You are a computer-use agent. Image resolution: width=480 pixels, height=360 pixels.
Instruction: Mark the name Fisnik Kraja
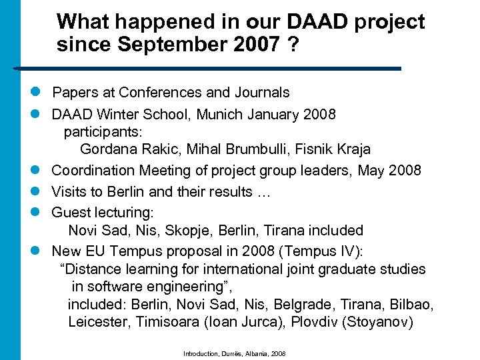click(x=327, y=149)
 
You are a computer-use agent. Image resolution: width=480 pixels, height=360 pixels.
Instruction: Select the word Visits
click(x=69, y=192)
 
